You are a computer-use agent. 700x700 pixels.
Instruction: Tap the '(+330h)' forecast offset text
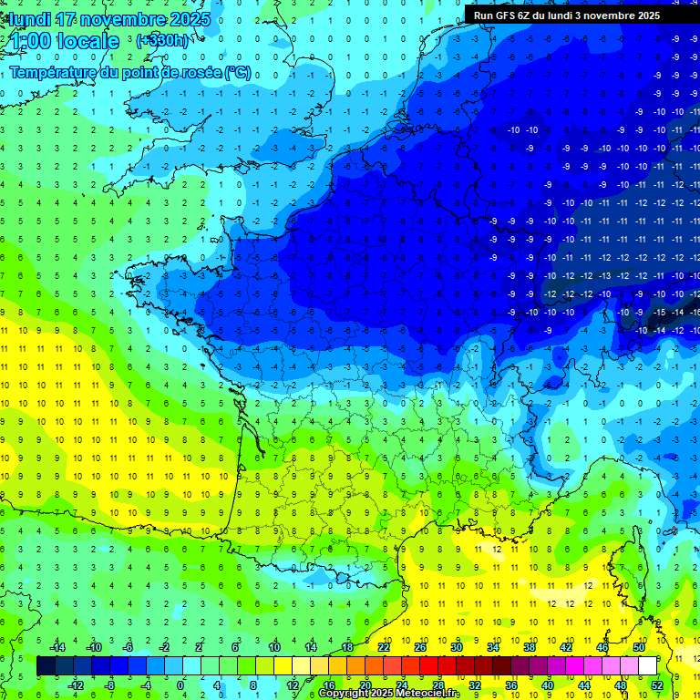(x=162, y=41)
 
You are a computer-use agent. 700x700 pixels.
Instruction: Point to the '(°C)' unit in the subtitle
(x=238, y=72)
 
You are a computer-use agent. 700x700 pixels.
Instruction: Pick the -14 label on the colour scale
(x=57, y=647)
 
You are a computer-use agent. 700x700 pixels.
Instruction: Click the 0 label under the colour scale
(x=181, y=685)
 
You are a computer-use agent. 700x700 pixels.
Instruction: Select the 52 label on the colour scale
(x=656, y=685)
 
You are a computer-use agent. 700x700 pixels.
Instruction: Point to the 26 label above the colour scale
(x=420, y=647)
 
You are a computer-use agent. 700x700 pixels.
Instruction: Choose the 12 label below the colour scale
(x=292, y=685)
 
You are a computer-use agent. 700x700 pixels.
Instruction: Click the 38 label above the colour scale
(x=529, y=647)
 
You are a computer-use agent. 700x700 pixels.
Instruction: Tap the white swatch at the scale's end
(x=647, y=666)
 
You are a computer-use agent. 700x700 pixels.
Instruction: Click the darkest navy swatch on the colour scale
(x=46, y=666)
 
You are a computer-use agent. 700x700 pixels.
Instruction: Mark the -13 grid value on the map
(x=603, y=276)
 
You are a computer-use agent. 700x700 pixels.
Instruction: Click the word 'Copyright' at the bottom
(x=345, y=694)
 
